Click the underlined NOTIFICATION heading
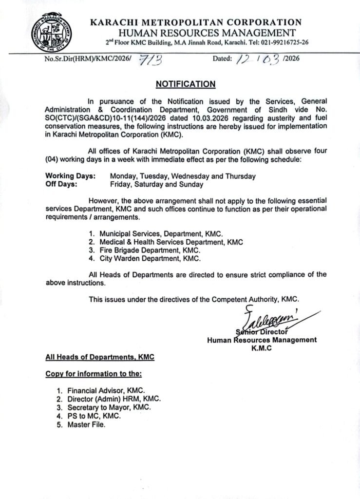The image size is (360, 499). (x=186, y=84)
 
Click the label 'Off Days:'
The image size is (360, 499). (x=61, y=185)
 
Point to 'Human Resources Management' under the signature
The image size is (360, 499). (x=262, y=340)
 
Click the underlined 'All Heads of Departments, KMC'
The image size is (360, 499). (x=100, y=357)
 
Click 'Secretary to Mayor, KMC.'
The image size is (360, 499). (x=109, y=407)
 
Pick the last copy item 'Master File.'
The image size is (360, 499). (x=86, y=424)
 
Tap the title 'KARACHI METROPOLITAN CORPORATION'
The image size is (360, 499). (x=196, y=22)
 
